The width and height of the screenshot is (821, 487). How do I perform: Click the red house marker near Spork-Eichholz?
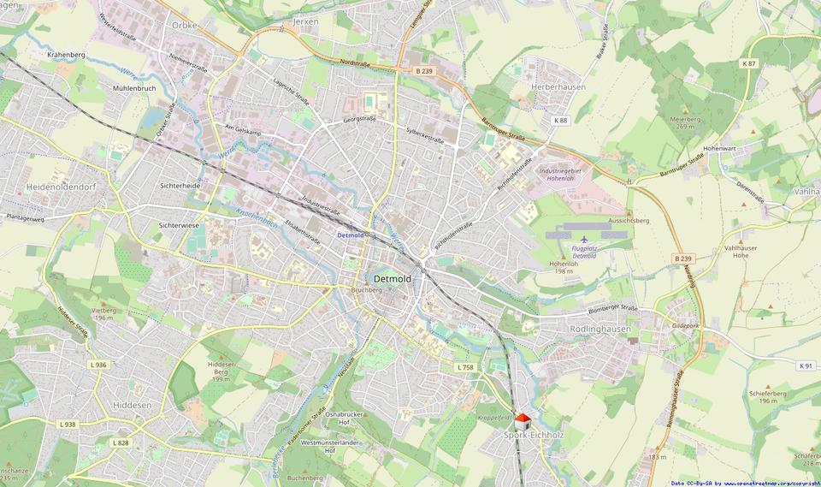coord(523,421)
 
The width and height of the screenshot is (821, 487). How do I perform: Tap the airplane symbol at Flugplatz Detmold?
coord(584,240)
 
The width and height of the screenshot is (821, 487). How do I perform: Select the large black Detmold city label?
coord(393,279)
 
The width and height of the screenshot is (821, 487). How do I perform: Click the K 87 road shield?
coord(749,64)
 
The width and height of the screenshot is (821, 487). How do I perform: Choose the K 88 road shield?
coord(560,121)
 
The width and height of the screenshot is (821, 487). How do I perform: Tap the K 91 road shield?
coord(805,365)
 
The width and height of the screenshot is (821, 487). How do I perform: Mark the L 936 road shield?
coord(97,365)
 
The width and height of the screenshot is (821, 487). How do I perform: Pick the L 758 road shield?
coord(464,367)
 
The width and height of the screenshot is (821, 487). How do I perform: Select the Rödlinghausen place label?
coord(600,329)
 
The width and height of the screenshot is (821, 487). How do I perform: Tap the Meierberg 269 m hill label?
coord(684,122)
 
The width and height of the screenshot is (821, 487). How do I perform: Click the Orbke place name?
coord(184,25)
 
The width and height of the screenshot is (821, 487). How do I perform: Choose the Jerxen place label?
coord(305,21)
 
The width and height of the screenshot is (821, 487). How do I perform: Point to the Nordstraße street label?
coord(355,62)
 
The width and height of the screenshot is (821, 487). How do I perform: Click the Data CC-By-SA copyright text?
coord(744,483)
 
